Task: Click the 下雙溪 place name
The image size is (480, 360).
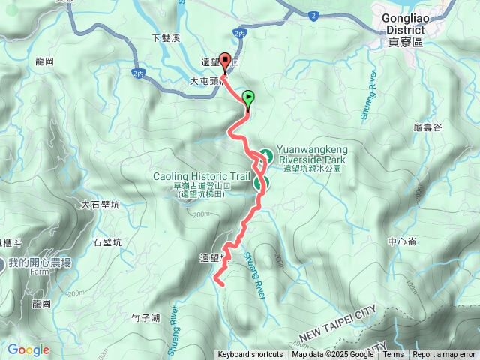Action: click(166, 37)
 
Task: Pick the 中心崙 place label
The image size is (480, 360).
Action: click(403, 241)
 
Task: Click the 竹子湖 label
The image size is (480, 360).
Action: click(145, 318)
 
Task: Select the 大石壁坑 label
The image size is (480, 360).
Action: click(100, 204)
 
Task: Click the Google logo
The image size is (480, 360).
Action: click(28, 349)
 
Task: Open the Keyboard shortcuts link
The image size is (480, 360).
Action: click(250, 355)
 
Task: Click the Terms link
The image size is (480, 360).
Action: click(394, 355)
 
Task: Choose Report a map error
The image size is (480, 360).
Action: click(444, 355)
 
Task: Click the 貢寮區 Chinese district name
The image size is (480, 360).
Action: click(406, 43)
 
